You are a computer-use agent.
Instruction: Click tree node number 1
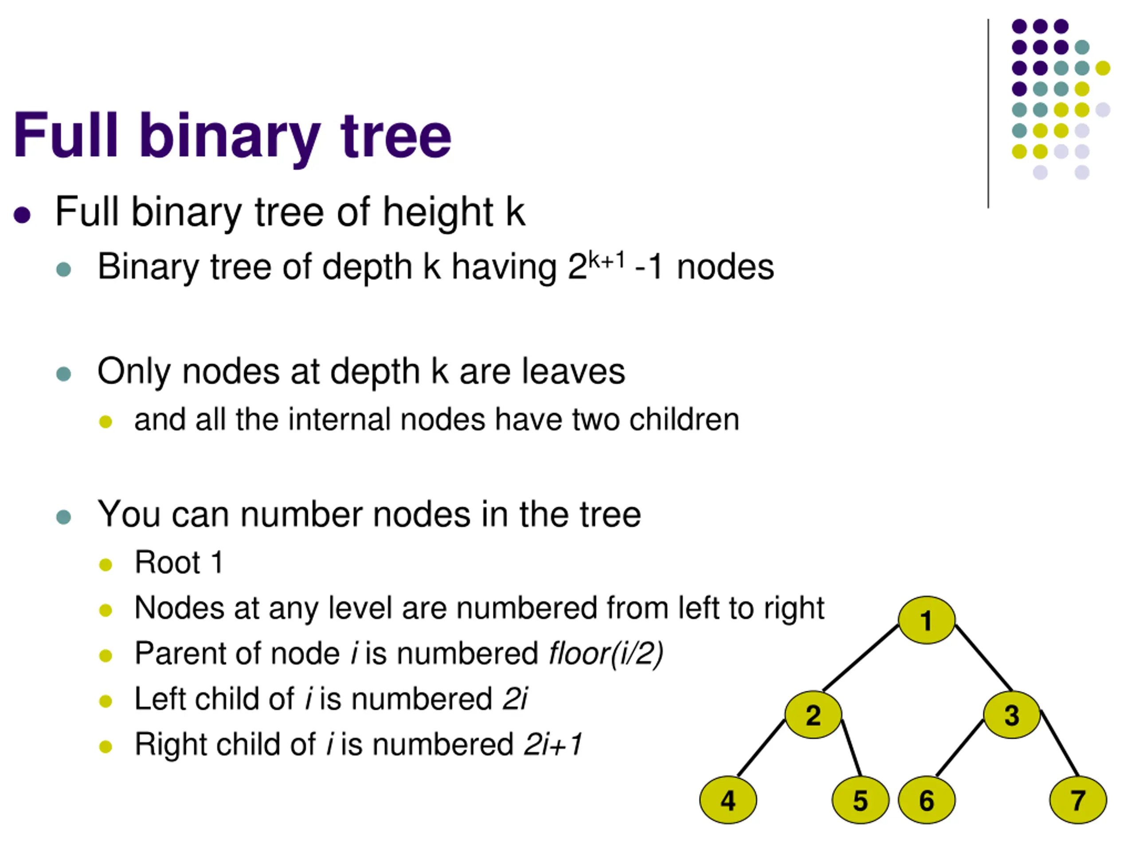click(x=926, y=620)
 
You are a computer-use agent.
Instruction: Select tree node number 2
click(x=813, y=715)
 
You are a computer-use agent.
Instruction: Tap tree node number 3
click(x=1011, y=715)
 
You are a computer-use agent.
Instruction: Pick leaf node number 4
click(x=728, y=800)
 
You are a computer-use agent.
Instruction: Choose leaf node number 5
click(x=860, y=800)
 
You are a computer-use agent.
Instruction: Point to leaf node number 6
click(x=926, y=800)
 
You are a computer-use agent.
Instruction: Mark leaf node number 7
click(x=1077, y=800)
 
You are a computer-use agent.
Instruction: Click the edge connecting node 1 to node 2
click(x=861, y=657)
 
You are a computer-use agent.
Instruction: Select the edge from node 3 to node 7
click(x=1060, y=744)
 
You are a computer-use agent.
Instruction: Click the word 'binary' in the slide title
click(x=229, y=136)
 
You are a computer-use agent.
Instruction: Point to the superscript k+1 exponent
click(x=607, y=260)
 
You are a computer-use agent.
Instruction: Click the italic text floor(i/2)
click(x=606, y=653)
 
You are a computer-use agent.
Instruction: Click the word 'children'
click(x=684, y=420)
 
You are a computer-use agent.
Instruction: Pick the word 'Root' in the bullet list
click(x=167, y=562)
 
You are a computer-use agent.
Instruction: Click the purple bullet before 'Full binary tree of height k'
click(x=22, y=215)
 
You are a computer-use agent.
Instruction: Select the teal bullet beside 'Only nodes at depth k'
click(x=64, y=373)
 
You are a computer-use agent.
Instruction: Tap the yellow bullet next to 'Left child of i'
click(x=106, y=701)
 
